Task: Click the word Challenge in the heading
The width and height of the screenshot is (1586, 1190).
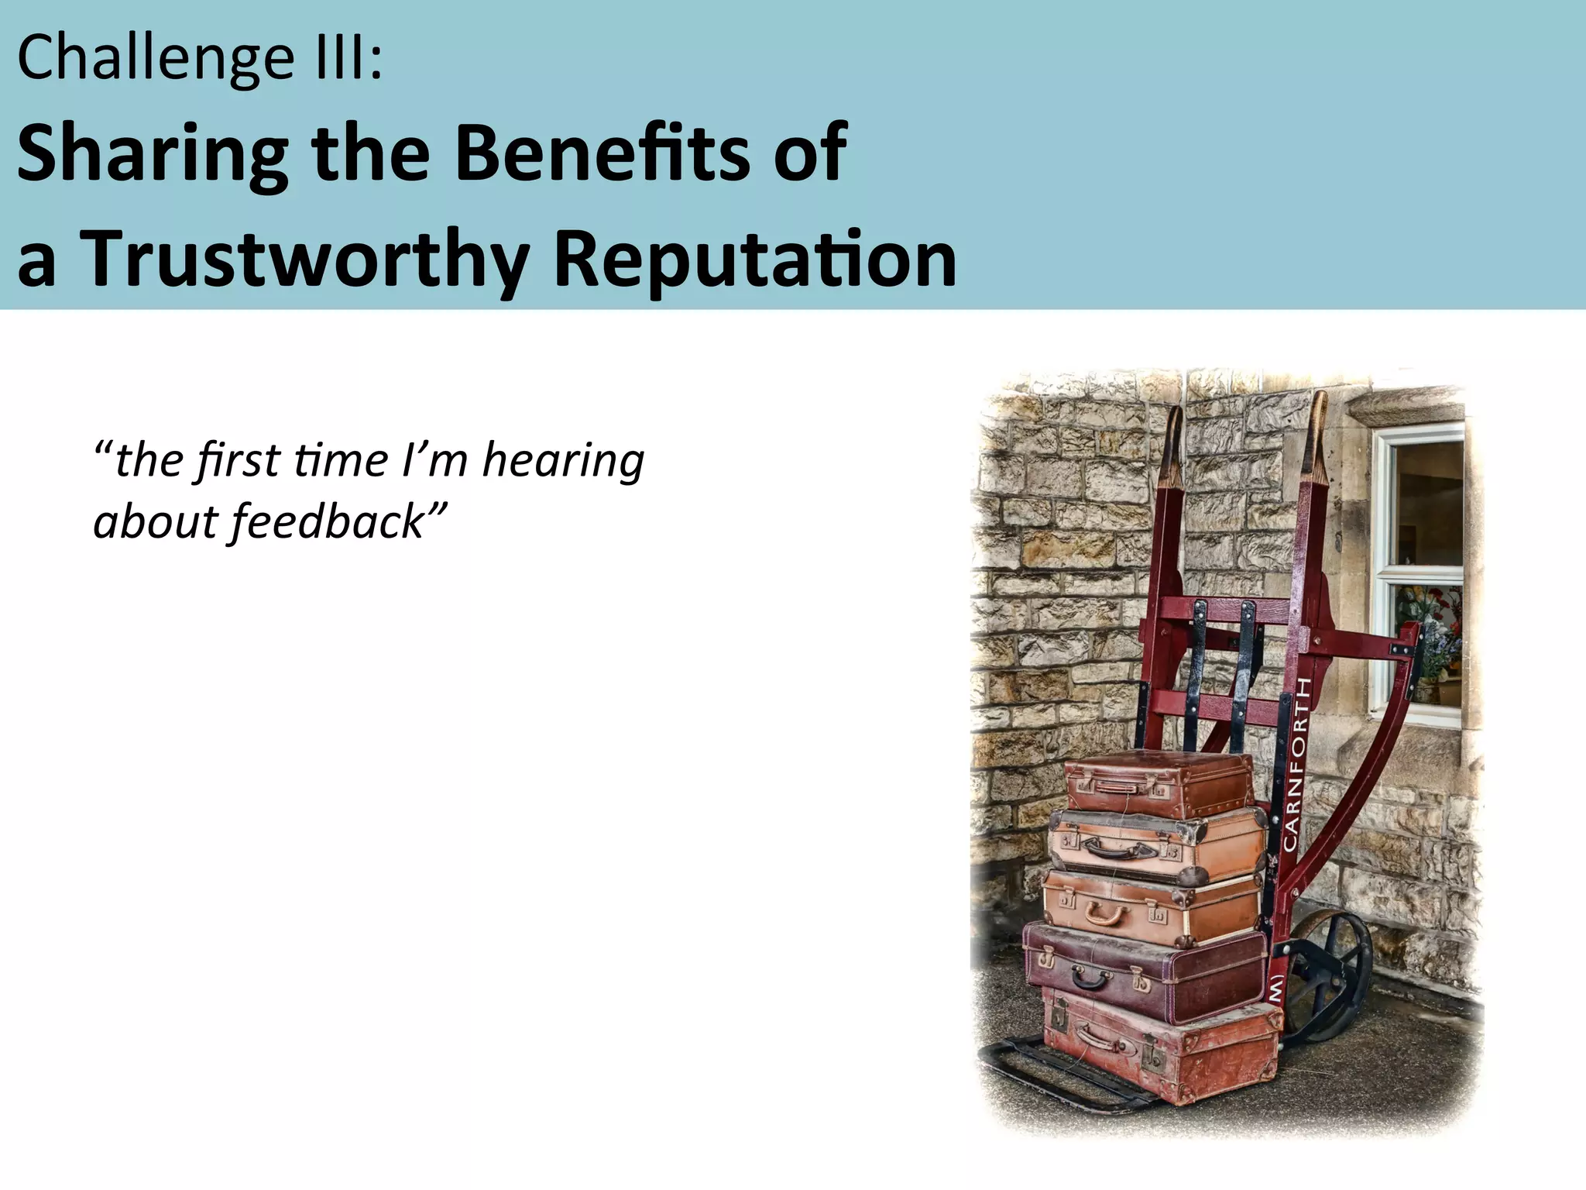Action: click(155, 59)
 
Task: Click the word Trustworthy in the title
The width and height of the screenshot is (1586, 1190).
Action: click(305, 260)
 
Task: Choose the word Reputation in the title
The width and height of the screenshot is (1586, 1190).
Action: click(755, 259)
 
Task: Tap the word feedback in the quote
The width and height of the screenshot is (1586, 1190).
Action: click(328, 522)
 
